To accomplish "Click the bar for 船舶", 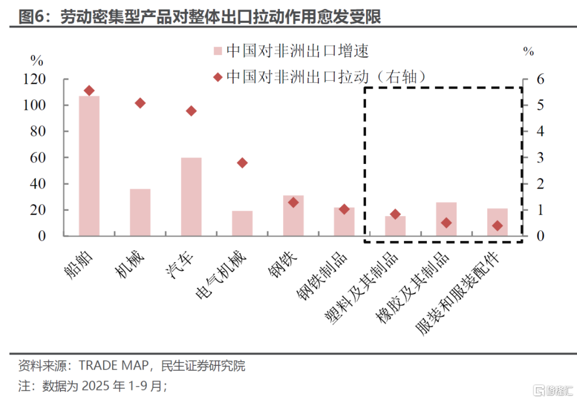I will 89,166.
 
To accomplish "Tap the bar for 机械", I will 140,212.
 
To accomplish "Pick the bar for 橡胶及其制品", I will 447,219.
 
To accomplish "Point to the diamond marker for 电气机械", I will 242,163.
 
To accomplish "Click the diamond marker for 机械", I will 140,103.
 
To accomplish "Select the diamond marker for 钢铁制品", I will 344,209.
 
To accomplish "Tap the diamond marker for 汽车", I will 191,111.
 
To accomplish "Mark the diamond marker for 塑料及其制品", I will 395,214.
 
